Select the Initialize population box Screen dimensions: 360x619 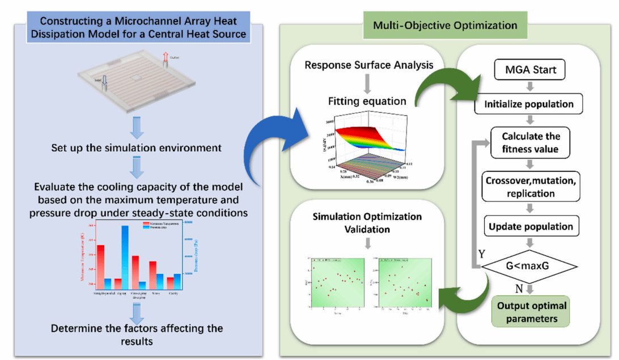529,104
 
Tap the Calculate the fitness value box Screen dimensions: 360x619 531,142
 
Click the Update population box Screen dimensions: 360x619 531,226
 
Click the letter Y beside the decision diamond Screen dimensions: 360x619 481,254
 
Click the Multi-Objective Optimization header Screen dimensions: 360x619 445,26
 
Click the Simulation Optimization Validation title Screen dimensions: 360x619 368,222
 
